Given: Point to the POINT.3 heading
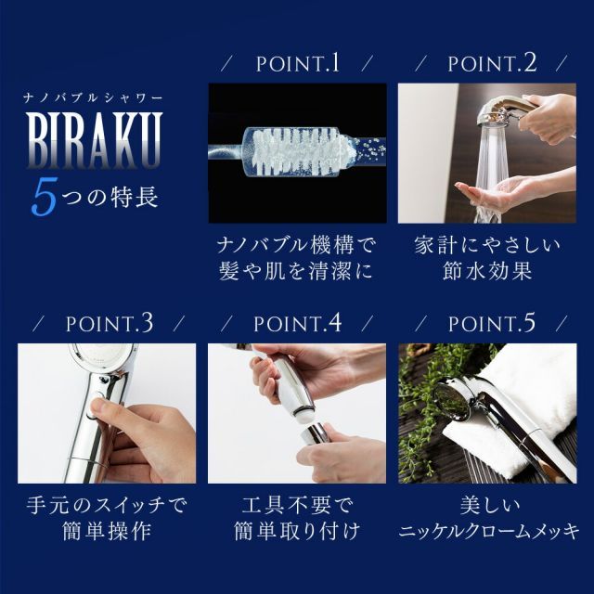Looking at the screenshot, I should pos(110,324).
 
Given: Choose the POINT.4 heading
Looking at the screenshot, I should pos(297,324).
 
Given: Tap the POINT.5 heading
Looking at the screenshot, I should pos(492,324).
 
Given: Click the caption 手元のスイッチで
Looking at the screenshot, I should pos(107,508).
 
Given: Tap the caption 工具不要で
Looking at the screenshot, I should pos(296,508).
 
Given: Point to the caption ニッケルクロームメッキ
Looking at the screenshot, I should pos(488,534).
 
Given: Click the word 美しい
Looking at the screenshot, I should pos(487,508).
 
